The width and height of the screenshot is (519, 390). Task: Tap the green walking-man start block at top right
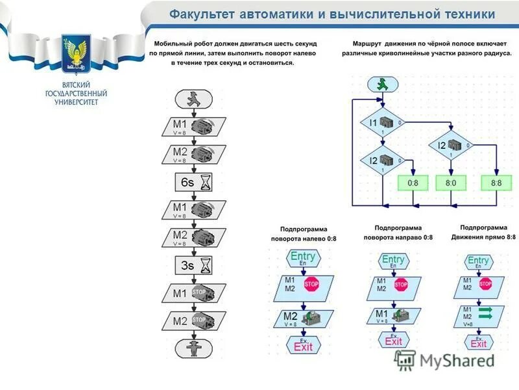tap(382, 84)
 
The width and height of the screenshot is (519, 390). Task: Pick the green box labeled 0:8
tap(413, 183)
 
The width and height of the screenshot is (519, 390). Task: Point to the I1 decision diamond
tap(382, 123)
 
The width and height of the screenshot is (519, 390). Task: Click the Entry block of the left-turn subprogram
tap(303, 257)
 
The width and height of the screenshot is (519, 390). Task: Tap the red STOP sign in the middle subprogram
tap(401, 284)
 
